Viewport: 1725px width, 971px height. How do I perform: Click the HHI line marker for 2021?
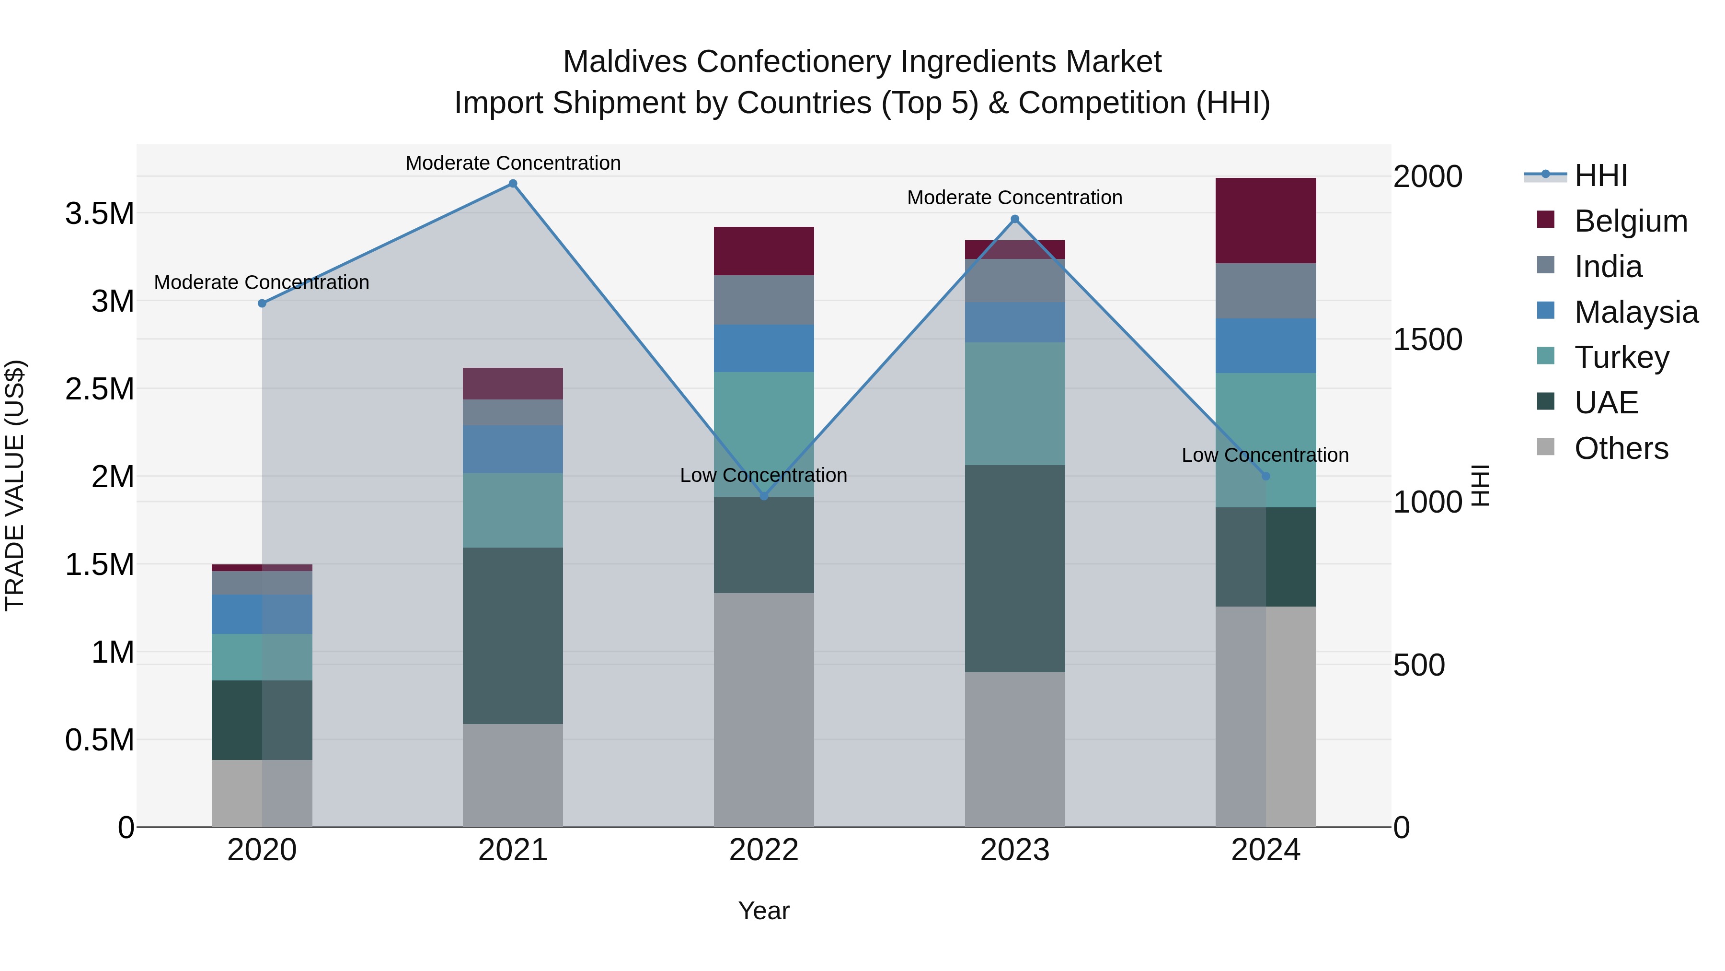tap(513, 184)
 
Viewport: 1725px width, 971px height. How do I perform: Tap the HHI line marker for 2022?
tap(764, 496)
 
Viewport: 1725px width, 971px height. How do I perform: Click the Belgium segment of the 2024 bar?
tap(1265, 221)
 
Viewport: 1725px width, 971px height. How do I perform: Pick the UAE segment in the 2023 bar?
tap(1014, 568)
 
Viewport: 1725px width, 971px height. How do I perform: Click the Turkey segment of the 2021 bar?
tap(512, 511)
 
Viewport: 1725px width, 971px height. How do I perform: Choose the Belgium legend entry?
tap(1631, 221)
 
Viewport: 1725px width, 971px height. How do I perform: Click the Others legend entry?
tap(1621, 448)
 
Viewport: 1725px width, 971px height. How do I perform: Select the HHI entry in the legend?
tap(1600, 175)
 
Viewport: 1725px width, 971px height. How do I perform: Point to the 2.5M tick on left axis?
tap(99, 389)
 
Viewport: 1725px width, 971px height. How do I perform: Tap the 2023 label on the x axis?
tap(1014, 850)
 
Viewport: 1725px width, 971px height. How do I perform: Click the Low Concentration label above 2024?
tap(1265, 455)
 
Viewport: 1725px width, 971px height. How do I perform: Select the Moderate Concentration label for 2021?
tap(513, 163)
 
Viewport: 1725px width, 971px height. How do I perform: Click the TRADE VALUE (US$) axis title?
tap(15, 485)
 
